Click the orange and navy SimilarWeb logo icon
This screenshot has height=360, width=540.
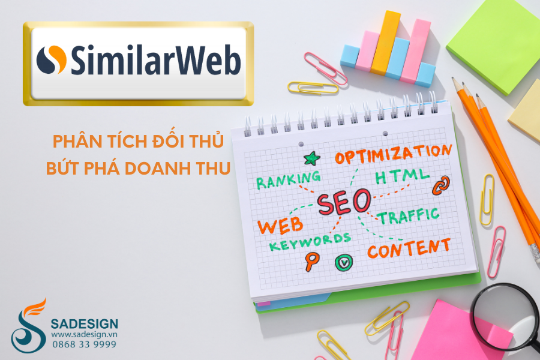click(x=52, y=59)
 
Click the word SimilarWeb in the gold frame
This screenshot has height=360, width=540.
click(x=155, y=60)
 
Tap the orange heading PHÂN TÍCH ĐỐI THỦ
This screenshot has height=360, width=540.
click(x=138, y=140)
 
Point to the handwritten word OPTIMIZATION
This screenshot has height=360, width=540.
click(x=393, y=154)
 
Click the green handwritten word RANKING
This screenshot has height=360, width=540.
click(x=289, y=179)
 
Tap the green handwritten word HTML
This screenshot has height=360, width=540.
click(x=402, y=176)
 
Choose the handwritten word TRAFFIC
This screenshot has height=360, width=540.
click(x=409, y=216)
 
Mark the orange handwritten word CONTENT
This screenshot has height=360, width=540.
click(x=409, y=249)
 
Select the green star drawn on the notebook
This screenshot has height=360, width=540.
click(x=311, y=158)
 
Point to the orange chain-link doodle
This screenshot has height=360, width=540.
click(x=441, y=185)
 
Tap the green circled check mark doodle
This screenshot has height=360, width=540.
click(x=344, y=263)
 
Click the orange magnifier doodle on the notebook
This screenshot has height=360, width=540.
click(x=311, y=261)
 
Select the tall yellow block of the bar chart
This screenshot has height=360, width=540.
click(x=385, y=43)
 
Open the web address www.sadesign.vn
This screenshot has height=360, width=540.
click(x=85, y=334)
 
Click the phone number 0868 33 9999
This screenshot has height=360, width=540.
click(x=85, y=344)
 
